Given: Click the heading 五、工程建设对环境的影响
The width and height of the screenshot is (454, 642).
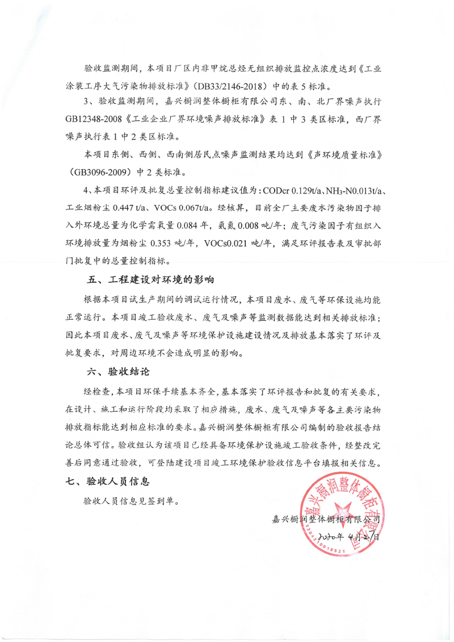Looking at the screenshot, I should (150, 280).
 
